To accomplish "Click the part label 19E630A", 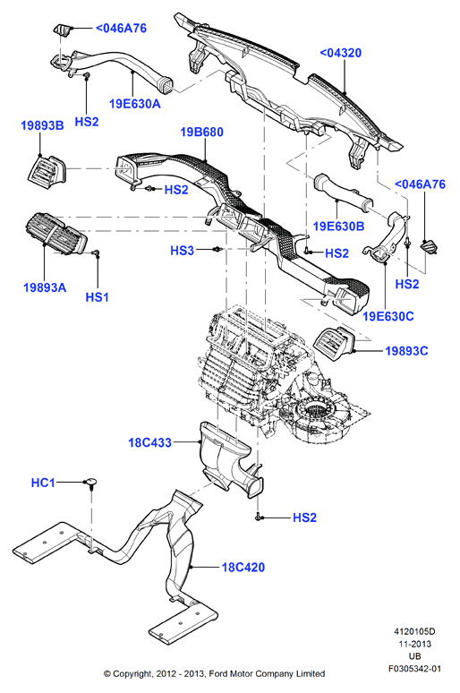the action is (134, 104).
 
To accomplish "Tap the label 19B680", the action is (202, 133).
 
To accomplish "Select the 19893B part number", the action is (42, 125).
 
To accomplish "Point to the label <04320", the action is (340, 53).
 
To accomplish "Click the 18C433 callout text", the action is (149, 442).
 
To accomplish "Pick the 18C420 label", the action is (243, 568).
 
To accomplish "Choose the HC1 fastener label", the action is (43, 483).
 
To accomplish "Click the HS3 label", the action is (182, 251).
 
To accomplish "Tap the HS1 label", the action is (98, 297).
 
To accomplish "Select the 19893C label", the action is (406, 351).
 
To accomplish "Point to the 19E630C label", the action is (388, 316).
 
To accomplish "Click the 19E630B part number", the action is (338, 227).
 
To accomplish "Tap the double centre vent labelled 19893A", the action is (55, 233).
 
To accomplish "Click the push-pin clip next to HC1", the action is (91, 483).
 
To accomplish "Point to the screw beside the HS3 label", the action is (217, 250).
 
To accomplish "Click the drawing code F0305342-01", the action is (415, 669).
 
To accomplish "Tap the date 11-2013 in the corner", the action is (415, 644).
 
